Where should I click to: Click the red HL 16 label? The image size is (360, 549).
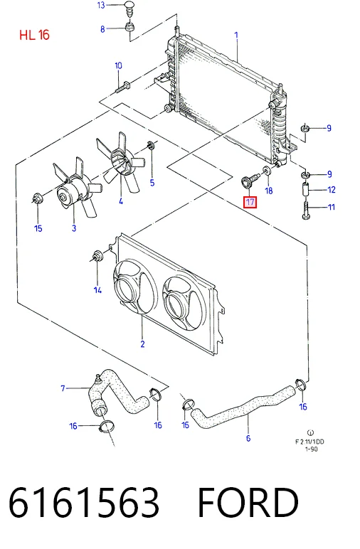coord(34,35)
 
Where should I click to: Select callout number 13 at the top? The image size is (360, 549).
coord(101,5)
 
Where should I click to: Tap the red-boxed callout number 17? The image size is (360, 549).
coord(250,202)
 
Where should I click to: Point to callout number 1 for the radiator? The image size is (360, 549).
coord(236,35)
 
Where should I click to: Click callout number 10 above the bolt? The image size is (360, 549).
coord(118,65)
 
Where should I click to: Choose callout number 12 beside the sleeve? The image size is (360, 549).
coord(332,189)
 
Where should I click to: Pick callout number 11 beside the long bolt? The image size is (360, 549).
coord(331,207)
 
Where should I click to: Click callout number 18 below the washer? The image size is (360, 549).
coord(269,191)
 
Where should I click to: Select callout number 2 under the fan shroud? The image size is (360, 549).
coord(142,343)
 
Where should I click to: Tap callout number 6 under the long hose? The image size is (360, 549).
coord(248,438)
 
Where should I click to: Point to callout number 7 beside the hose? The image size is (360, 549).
coord(63,388)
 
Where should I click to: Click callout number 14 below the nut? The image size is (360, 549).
coord(97,290)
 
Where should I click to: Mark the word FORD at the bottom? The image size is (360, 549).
coord(248,503)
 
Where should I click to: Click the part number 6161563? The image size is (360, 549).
coord(84,503)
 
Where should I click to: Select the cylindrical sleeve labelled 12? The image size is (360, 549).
coord(306,191)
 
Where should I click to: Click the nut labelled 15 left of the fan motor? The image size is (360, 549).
coord(37,198)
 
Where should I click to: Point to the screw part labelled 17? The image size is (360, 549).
coord(249,181)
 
